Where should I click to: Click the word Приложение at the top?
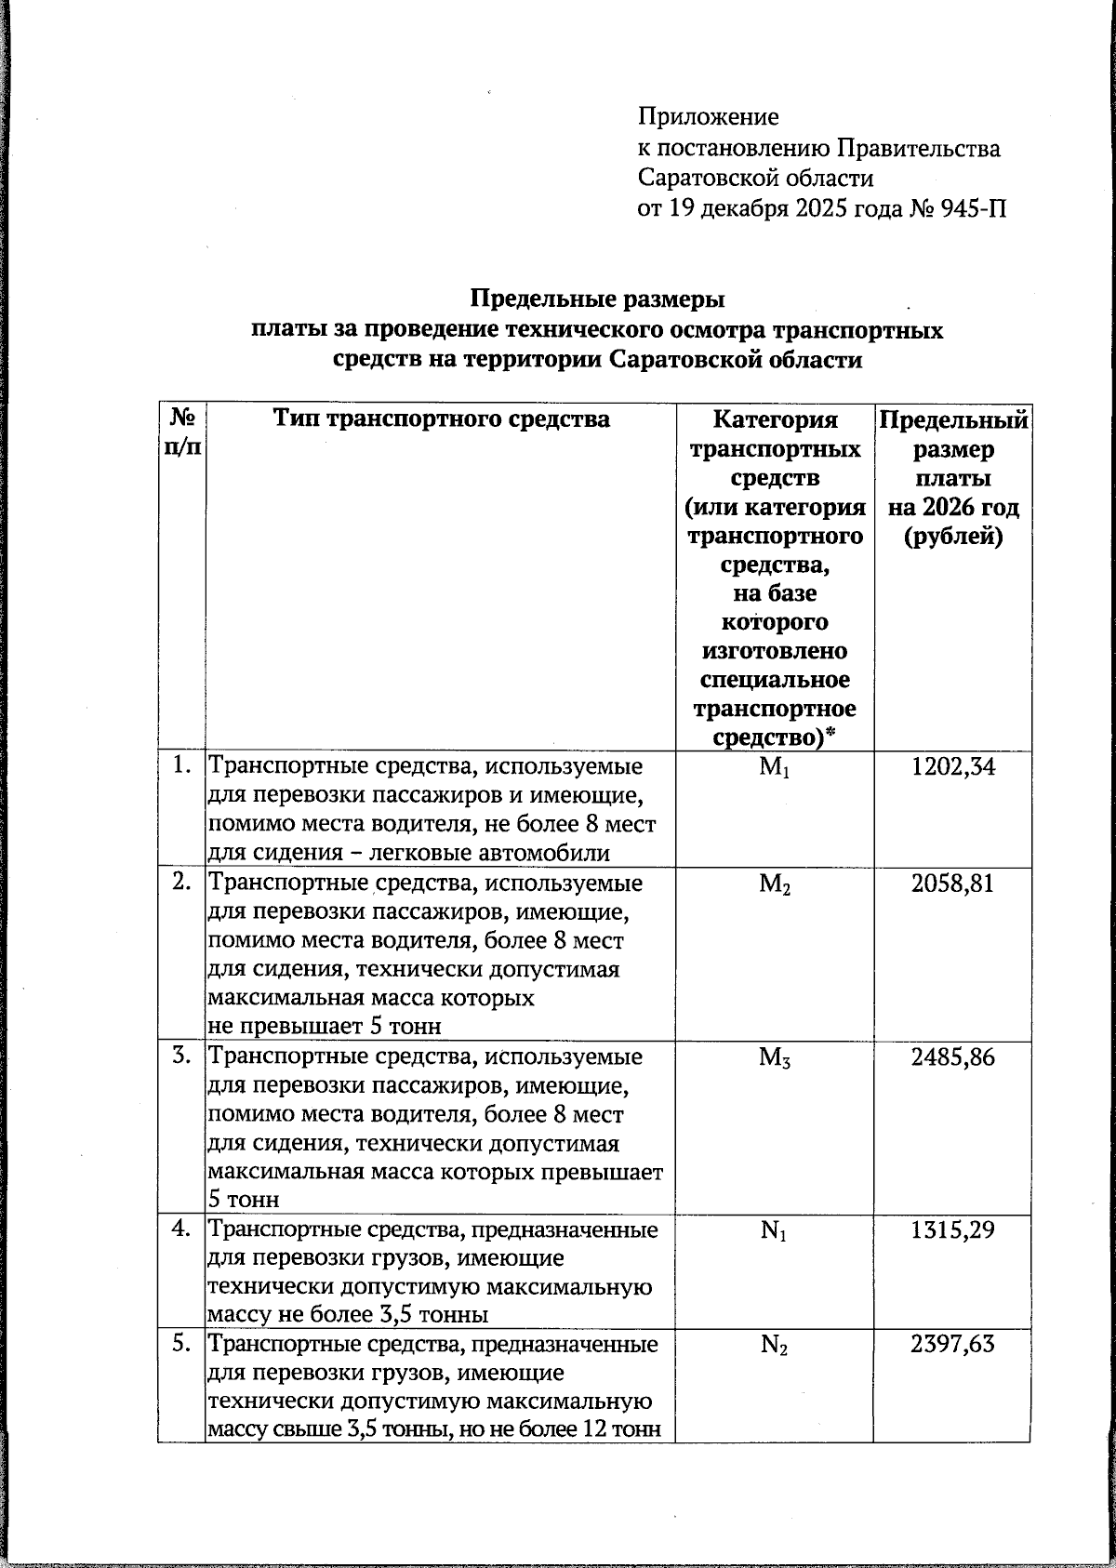[708, 117]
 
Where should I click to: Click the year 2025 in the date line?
[827, 207]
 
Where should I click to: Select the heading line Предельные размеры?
[596, 300]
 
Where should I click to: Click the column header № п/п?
[181, 432]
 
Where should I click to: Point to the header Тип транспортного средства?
[441, 419]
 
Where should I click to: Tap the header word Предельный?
[953, 420]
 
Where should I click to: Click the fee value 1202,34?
[952, 767]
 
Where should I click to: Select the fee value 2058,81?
[952, 884]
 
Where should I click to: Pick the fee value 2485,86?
[952, 1057]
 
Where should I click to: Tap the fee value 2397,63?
[952, 1345]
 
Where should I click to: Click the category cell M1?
[775, 768]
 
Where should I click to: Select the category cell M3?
[775, 1058]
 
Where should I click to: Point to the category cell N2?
[775, 1346]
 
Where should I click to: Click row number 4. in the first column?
[182, 1229]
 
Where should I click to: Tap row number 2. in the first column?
[182, 882]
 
